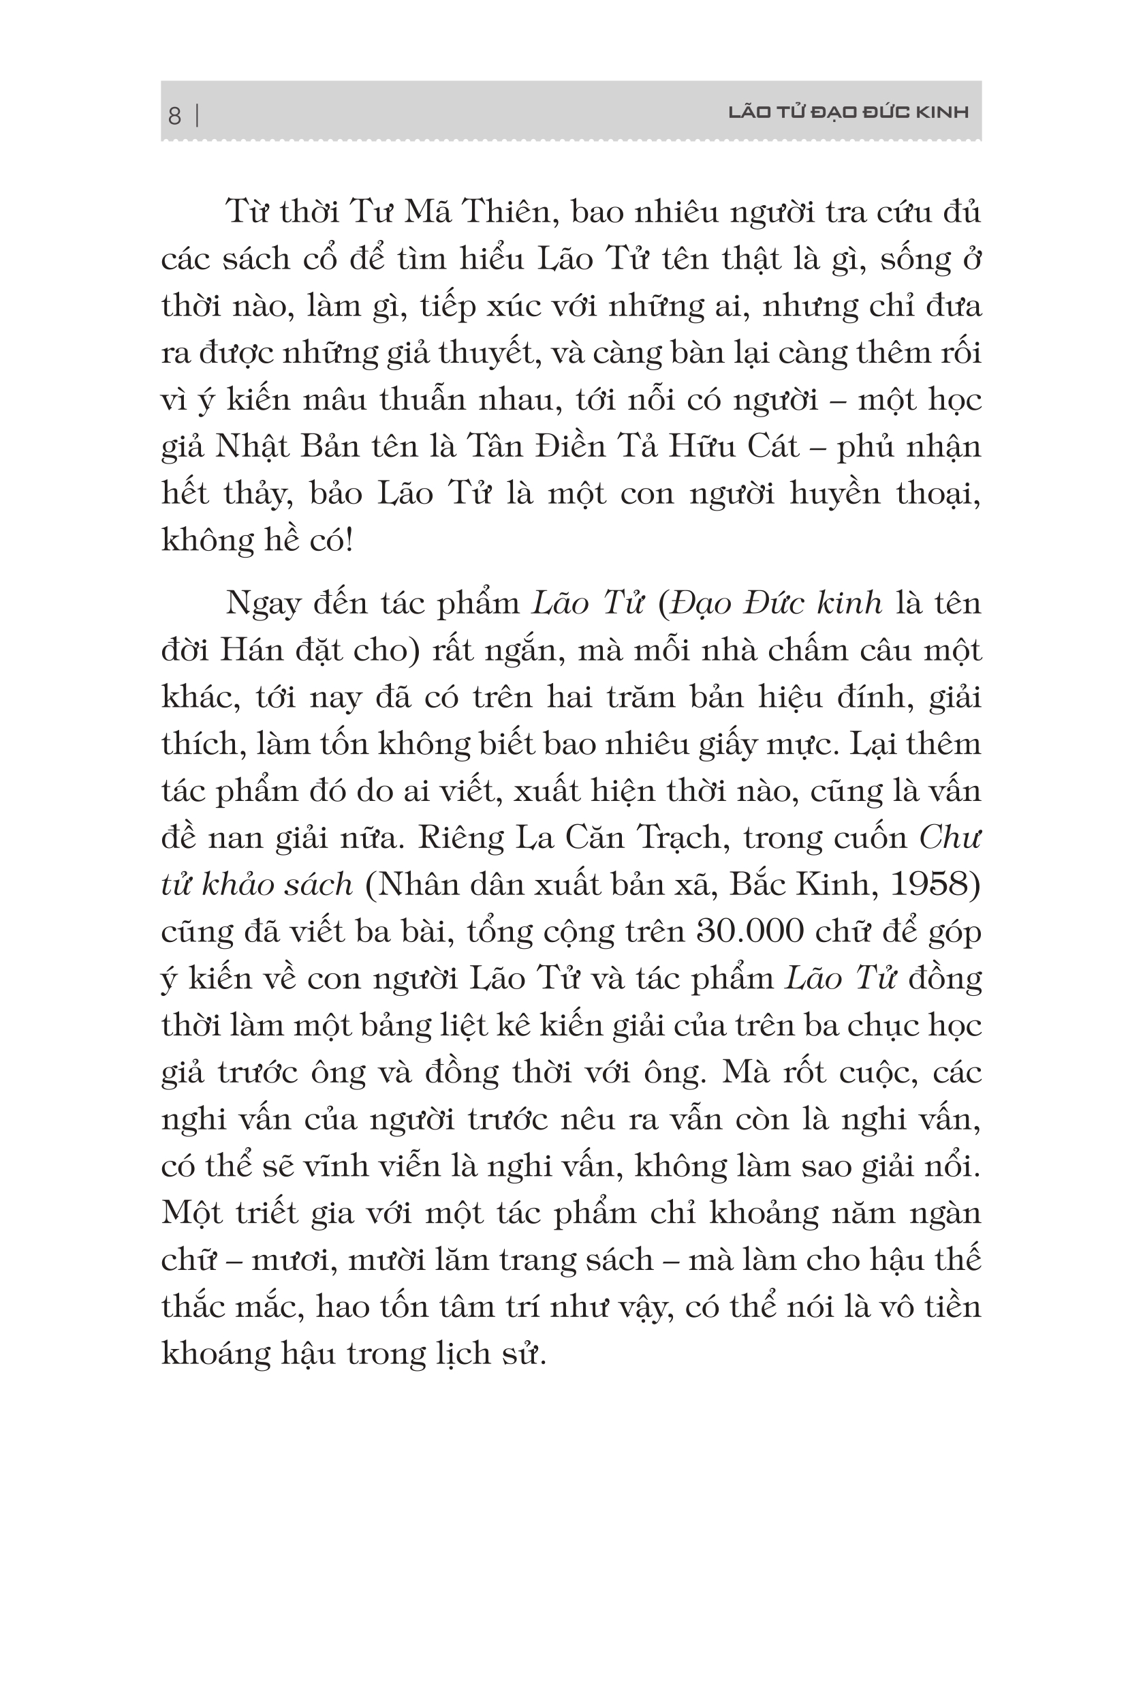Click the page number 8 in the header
click(x=174, y=115)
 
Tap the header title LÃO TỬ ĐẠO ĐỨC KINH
click(x=847, y=112)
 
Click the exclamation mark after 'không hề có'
click(x=349, y=541)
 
